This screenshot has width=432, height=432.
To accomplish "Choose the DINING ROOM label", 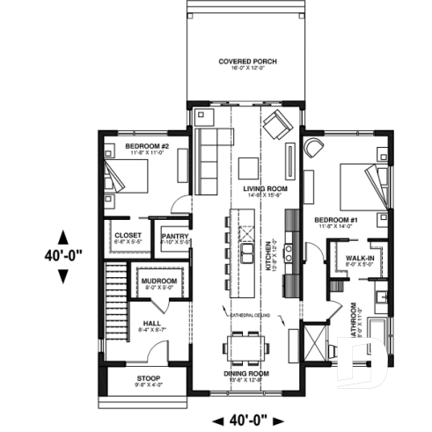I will (245, 373).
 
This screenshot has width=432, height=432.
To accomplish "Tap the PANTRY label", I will (171, 235).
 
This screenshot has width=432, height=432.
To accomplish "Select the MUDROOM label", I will (159, 281).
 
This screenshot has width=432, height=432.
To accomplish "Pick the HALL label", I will (150, 324).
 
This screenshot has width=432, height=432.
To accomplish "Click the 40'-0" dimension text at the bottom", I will (245, 421).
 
